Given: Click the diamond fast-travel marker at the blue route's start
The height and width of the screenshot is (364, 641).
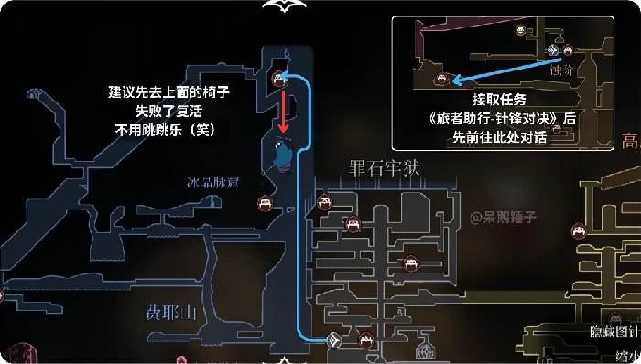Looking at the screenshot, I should tap(334, 341).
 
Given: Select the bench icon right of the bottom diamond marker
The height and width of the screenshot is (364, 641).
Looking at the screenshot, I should tap(366, 339).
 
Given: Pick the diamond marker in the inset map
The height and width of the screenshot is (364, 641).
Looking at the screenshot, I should tap(552, 50).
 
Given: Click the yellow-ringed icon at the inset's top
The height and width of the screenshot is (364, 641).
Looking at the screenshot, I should tap(521, 29).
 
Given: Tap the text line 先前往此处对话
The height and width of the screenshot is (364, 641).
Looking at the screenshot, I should tap(499, 136).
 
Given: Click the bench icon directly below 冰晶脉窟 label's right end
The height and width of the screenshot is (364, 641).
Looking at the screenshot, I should tap(264, 203).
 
